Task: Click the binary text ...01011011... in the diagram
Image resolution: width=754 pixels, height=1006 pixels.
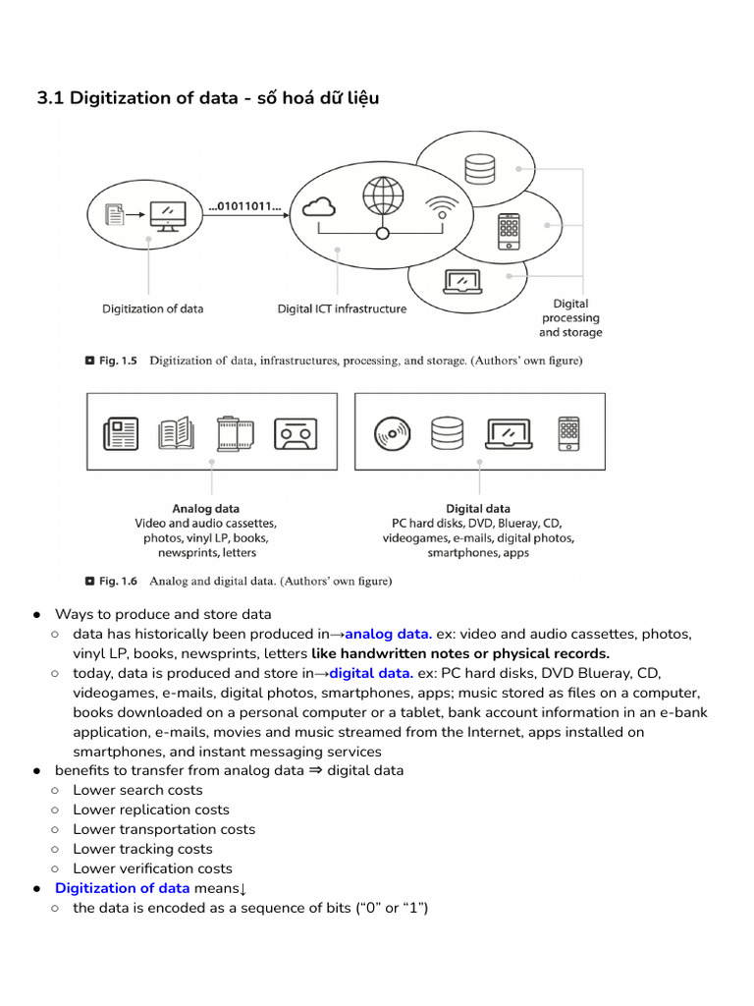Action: [x=244, y=207]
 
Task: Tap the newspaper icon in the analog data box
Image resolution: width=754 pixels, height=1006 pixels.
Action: [x=121, y=432]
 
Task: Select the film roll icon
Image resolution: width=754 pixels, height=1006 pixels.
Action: [x=237, y=432]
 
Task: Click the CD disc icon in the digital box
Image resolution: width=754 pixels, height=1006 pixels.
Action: [x=392, y=432]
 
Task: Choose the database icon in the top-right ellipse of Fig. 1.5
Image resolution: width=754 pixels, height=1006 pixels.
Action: [x=480, y=169]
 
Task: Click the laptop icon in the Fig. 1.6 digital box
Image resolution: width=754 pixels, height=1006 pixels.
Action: [x=509, y=432]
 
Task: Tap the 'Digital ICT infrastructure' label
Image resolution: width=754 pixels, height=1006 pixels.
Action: [x=342, y=308]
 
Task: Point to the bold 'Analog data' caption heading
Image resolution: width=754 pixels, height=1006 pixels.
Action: [x=205, y=509]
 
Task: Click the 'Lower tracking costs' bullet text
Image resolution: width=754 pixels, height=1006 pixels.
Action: [x=142, y=849]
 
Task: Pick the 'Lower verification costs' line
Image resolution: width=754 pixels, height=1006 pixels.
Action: [x=152, y=868]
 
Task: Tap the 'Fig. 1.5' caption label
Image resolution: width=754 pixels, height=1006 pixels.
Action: [x=119, y=361]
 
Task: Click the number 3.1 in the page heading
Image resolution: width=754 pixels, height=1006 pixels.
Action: [x=50, y=97]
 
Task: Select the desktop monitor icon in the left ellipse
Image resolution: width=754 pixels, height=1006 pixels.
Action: [x=165, y=214]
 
